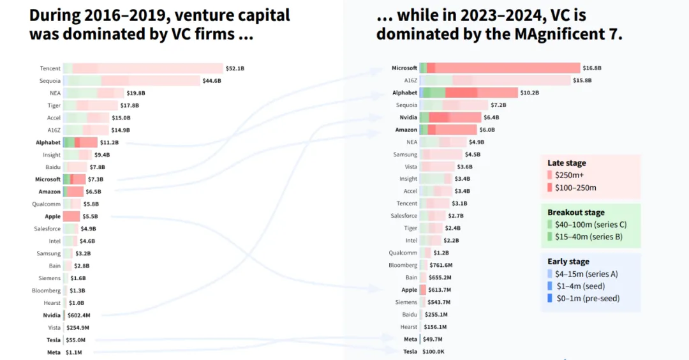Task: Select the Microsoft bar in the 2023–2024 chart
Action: click(x=500, y=68)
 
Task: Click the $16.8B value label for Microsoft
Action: click(x=592, y=68)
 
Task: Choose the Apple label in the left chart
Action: click(x=52, y=216)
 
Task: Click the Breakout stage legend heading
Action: click(x=576, y=213)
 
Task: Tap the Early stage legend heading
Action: click(x=568, y=262)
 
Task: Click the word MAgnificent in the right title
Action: click(x=530, y=34)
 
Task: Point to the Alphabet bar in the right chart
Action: click(x=469, y=93)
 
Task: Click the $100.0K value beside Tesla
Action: click(x=433, y=352)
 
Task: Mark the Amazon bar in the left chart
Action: click(x=73, y=191)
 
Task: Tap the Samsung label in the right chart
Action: click(x=405, y=154)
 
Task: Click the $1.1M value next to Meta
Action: click(x=73, y=352)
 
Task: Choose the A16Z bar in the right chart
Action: click(x=494, y=80)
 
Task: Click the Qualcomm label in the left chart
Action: click(x=47, y=204)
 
